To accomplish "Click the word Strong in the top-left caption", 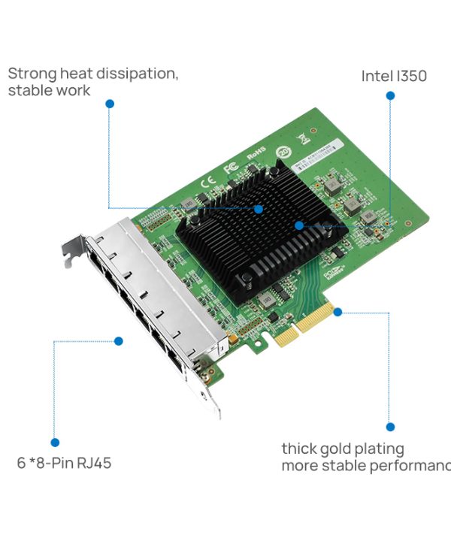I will point(32,74).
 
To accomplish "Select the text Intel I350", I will point(394,76).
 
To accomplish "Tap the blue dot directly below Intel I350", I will point(390,95).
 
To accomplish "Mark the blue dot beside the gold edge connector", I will point(337,311).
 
